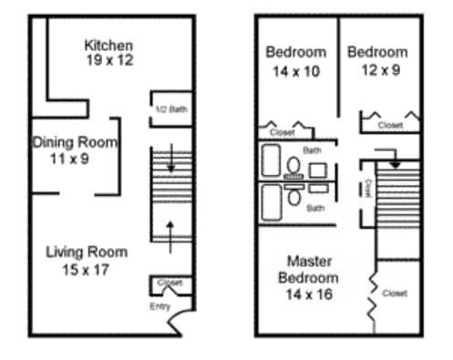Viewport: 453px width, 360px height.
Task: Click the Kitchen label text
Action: [108, 45]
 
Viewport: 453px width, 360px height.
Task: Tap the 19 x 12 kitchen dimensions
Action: [108, 60]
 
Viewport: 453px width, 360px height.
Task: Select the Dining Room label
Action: [74, 142]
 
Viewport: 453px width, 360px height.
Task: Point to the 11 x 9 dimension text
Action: [74, 158]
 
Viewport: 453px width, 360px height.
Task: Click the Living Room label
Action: [87, 252]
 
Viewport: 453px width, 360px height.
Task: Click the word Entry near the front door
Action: [160, 306]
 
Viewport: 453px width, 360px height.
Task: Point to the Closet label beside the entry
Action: [170, 283]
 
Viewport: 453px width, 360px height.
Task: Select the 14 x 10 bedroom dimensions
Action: [296, 69]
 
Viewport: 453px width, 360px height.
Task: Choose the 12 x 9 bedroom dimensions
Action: [376, 69]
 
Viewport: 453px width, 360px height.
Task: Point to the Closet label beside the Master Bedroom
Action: [395, 293]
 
